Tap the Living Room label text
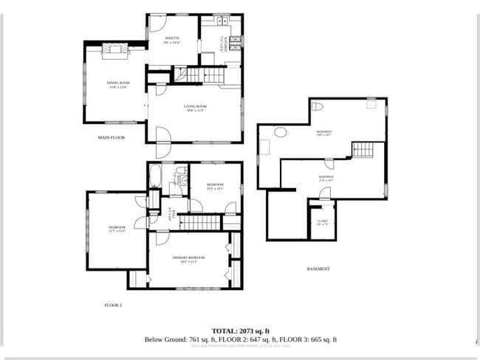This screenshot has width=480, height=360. (x=196, y=108)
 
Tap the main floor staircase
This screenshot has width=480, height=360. (x=204, y=75)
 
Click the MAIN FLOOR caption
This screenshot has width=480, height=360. (x=112, y=138)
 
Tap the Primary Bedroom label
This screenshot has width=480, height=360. (x=189, y=258)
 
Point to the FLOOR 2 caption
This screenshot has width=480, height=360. (x=112, y=304)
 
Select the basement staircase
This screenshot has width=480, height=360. (x=363, y=149)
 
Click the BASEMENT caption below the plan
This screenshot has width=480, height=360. (x=318, y=269)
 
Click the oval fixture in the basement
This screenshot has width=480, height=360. (x=281, y=133)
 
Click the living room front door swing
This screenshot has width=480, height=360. (x=163, y=136)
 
